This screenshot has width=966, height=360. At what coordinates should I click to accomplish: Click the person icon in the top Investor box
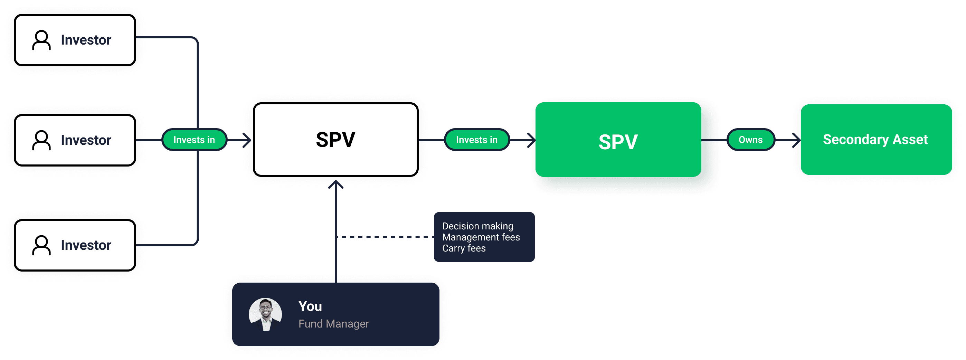tap(41, 40)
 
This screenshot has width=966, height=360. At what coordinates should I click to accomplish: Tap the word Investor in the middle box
tap(86, 140)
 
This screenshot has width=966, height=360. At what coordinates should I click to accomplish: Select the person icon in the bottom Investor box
tap(41, 245)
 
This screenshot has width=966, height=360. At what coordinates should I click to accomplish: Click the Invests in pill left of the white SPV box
tap(194, 140)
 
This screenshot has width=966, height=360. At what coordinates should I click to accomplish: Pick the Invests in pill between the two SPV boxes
tap(477, 140)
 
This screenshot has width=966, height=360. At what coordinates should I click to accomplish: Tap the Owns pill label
tap(750, 140)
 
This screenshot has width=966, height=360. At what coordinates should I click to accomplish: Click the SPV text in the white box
tap(335, 140)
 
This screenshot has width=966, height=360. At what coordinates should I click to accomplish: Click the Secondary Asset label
tap(875, 140)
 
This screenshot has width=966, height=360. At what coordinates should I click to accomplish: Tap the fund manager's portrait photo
tap(265, 314)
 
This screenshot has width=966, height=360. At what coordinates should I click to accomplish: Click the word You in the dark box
tap(310, 306)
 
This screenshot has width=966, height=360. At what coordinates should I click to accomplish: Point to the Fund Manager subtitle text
tap(334, 324)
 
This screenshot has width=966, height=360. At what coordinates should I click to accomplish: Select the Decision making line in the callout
tap(477, 226)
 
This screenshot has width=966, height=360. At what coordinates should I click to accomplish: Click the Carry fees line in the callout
tap(464, 248)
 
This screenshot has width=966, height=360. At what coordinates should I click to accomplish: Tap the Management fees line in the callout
tap(481, 237)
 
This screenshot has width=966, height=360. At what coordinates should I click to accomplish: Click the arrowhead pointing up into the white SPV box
tap(335, 184)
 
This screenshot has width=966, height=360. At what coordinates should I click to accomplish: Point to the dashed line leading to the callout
tap(385, 237)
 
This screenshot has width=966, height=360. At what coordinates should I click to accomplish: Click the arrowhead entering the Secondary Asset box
tap(796, 140)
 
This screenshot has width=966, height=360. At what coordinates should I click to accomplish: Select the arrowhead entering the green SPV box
tap(531, 140)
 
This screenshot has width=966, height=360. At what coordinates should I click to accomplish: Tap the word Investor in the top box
tap(86, 40)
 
